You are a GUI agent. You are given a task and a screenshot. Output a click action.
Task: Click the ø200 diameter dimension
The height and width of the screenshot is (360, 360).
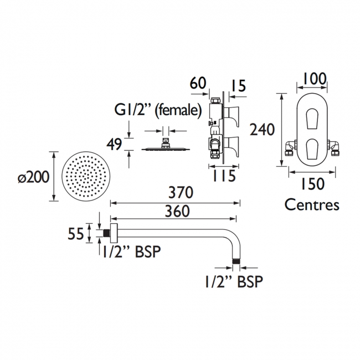(x=34, y=177)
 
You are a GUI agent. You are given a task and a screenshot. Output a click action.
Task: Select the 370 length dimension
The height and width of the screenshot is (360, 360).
(x=181, y=192)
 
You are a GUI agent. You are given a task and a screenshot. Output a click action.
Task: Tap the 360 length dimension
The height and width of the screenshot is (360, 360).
(x=177, y=211)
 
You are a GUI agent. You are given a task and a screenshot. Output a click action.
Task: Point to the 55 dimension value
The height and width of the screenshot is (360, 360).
(x=75, y=234)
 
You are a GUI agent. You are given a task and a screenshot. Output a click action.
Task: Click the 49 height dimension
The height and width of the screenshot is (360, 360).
(x=114, y=145)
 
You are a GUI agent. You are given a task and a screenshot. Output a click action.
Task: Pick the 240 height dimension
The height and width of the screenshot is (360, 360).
(x=262, y=129)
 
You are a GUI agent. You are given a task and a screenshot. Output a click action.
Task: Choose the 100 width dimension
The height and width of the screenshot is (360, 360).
(x=315, y=79)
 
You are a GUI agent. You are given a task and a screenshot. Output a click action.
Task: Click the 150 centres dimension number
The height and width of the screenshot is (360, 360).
(x=313, y=184)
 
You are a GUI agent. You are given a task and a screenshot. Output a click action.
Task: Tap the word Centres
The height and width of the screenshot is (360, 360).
(x=312, y=204)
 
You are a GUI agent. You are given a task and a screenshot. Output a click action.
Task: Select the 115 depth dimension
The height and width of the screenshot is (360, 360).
(x=224, y=176)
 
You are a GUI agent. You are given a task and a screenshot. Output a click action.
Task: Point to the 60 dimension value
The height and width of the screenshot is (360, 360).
(x=198, y=83)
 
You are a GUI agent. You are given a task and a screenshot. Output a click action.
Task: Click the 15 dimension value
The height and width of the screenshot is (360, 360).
(x=238, y=86)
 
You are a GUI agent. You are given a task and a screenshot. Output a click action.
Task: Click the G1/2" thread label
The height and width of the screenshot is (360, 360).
(x=133, y=110)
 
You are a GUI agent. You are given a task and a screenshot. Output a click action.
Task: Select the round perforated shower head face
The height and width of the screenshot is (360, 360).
(x=86, y=176)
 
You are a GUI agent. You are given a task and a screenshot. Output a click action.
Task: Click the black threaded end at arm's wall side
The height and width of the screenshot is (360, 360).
(x=106, y=233)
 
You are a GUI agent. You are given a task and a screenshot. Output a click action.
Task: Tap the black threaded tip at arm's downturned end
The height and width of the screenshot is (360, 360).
(x=236, y=261)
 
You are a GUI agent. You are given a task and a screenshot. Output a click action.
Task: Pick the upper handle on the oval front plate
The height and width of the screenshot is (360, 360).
(x=312, y=118)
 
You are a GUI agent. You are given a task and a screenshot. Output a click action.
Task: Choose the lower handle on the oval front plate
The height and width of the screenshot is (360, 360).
(x=312, y=148)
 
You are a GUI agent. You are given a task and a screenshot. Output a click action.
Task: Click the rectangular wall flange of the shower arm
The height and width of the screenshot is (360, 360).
(x=114, y=233)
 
